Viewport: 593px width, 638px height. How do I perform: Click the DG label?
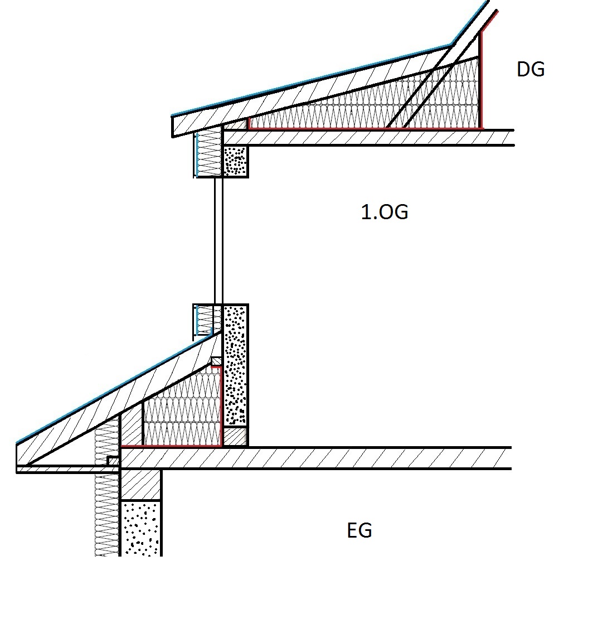coord(531,69)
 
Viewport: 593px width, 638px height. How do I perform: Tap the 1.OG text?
coord(385,212)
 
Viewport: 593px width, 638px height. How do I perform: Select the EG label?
coord(359,530)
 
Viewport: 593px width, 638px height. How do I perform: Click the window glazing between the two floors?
coord(219,240)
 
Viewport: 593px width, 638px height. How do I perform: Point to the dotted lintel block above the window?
coord(236,161)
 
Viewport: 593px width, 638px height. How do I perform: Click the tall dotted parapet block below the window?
coord(236,365)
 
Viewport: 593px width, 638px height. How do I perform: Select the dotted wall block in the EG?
coord(140,528)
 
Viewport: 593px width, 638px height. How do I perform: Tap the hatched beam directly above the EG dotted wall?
coord(140,485)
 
